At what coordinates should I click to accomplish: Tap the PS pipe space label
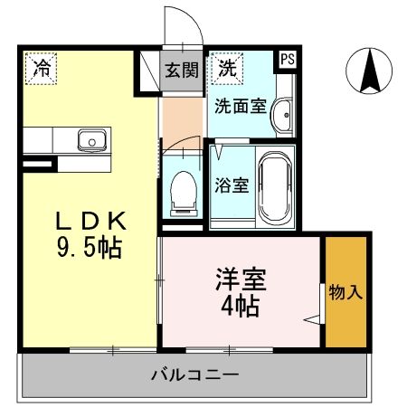(286, 60)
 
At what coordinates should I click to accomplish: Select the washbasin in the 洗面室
(282, 113)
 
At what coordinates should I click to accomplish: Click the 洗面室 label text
(240, 105)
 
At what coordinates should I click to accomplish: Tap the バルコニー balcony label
(194, 374)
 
